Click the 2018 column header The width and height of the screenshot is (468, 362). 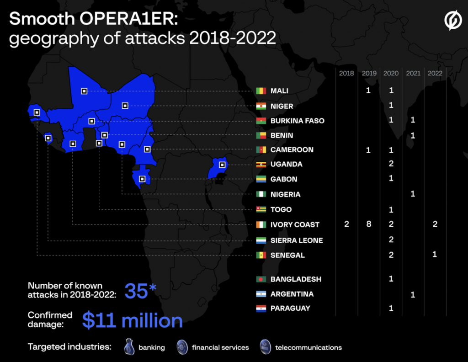point(346,73)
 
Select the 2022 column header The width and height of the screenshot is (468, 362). point(435,73)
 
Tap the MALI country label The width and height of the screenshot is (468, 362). point(279,91)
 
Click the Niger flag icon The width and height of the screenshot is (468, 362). point(261,106)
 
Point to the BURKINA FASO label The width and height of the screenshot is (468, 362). point(297,121)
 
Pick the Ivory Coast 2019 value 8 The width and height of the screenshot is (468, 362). point(368,224)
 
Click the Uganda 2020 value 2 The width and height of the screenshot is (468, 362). point(391,164)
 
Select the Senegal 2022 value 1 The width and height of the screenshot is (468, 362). point(435,255)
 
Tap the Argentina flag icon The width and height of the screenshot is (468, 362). point(261,294)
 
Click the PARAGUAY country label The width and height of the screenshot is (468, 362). point(290,309)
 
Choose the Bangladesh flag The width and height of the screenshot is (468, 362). point(261,279)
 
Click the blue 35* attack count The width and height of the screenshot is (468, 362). point(140,292)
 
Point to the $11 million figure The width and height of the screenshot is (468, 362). point(132,320)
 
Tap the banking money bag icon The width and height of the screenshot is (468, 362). point(129,347)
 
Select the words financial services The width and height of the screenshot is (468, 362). point(220,347)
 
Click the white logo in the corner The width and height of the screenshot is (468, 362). point(453,21)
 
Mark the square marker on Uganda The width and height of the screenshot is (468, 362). point(222,165)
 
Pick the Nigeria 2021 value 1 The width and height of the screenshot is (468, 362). point(413,194)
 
